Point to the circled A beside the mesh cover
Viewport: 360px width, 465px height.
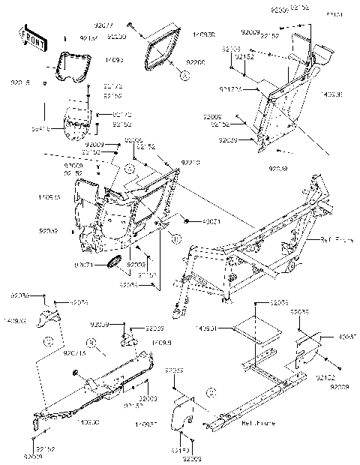(x=182, y=74)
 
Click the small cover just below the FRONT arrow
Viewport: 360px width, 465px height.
(x=73, y=66)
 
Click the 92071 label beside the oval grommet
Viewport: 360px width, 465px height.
(x=83, y=263)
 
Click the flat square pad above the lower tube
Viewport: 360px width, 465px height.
(x=255, y=330)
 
